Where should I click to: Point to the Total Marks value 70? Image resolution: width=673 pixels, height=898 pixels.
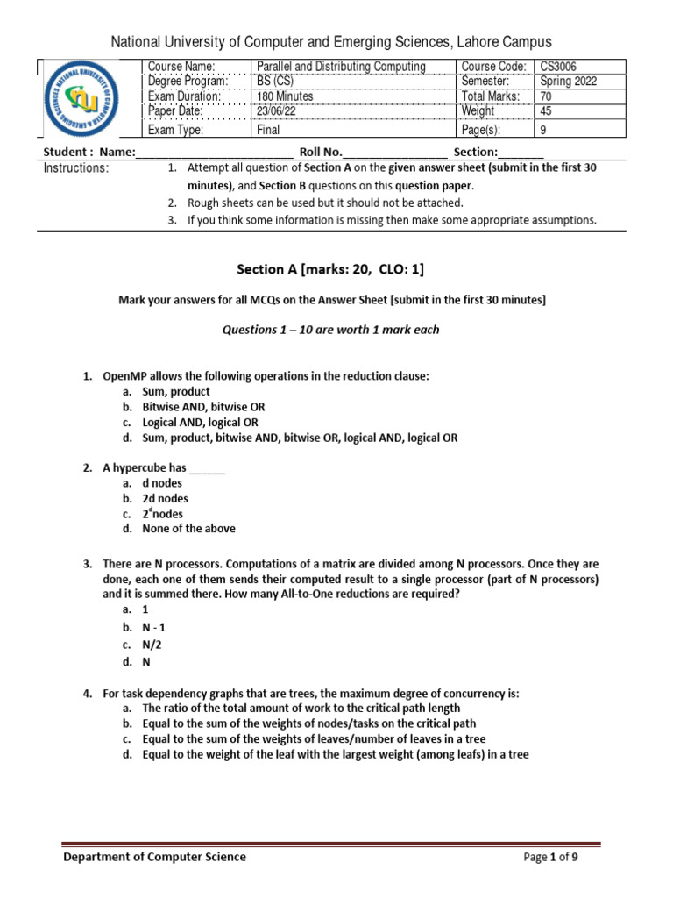pyautogui.click(x=547, y=96)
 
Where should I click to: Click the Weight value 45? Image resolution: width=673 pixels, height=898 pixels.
pyautogui.click(x=547, y=111)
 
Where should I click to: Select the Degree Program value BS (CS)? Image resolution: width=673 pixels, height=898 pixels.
pyautogui.click(x=273, y=82)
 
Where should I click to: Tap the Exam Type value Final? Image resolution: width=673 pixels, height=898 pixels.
pyautogui.click(x=267, y=130)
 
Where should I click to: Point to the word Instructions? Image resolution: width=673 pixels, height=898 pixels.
pyautogui.click(x=76, y=168)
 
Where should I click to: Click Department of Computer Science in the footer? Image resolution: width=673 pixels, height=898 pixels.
pyautogui.click(x=154, y=857)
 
